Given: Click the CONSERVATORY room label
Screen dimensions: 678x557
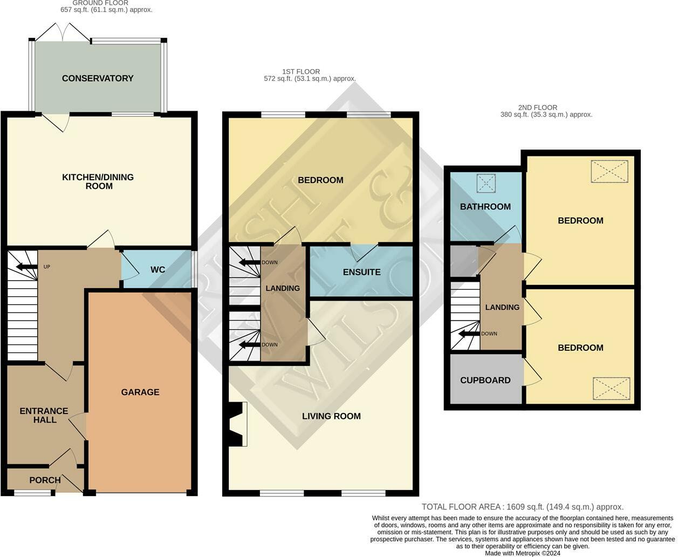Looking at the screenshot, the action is tap(98, 78).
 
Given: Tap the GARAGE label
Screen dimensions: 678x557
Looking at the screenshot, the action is tap(140, 392).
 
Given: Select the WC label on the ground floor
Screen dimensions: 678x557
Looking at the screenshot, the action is tap(157, 269).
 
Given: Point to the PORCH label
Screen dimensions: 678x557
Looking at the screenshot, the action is tap(45, 480).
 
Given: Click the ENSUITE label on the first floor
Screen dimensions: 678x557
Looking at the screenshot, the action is tap(362, 272).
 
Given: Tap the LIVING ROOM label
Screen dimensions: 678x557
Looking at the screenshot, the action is tap(331, 416).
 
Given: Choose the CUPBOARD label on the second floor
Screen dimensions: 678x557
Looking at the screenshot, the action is tap(485, 381).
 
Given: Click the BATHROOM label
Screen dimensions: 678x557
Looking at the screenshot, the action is tap(485, 207).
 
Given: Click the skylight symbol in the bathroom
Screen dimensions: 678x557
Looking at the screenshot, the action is tap(486, 183).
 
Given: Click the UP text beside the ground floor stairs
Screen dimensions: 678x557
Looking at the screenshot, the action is tap(46, 267).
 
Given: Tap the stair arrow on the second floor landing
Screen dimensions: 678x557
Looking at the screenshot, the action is tap(469, 334).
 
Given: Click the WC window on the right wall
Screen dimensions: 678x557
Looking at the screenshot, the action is tap(194, 269).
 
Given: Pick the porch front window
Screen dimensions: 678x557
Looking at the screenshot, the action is tap(32, 493).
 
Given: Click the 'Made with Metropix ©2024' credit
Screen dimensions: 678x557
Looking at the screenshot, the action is tap(523, 553).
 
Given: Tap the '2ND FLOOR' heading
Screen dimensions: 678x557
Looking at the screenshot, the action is tap(538, 107).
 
